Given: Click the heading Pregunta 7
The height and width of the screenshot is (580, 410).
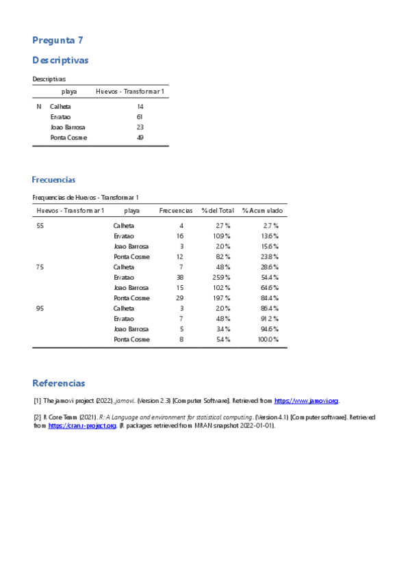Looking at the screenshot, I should [x=57, y=40].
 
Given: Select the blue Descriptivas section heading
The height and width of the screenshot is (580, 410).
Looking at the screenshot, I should [x=60, y=61].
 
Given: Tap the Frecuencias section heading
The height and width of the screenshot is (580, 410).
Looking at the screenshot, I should [x=53, y=180].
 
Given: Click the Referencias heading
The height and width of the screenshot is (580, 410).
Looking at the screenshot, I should [x=59, y=383].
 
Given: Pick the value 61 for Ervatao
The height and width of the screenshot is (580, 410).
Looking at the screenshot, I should [x=140, y=117].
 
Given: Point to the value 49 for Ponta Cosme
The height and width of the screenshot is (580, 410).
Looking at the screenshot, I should [x=140, y=137].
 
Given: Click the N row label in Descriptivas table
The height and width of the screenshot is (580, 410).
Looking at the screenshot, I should [x=39, y=107].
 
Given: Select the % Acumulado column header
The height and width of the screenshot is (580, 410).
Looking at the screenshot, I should [x=262, y=211].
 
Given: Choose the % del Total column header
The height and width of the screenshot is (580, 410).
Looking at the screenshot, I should [x=218, y=211].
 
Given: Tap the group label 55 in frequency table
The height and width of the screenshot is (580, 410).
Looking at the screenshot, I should [x=40, y=226].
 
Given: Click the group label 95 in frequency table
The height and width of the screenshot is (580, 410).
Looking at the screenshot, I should [x=40, y=308].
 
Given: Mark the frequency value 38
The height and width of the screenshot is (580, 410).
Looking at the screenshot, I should [x=179, y=278].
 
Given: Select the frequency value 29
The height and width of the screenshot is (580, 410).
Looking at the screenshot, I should [x=179, y=298].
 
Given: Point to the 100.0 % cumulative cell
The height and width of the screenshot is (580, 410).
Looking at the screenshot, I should [x=268, y=339].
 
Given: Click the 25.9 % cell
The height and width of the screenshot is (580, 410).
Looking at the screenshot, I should [x=222, y=278].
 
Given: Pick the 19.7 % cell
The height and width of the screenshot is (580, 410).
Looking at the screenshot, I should [x=222, y=298].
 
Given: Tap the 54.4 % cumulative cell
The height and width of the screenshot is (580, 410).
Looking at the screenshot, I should [x=270, y=278].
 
